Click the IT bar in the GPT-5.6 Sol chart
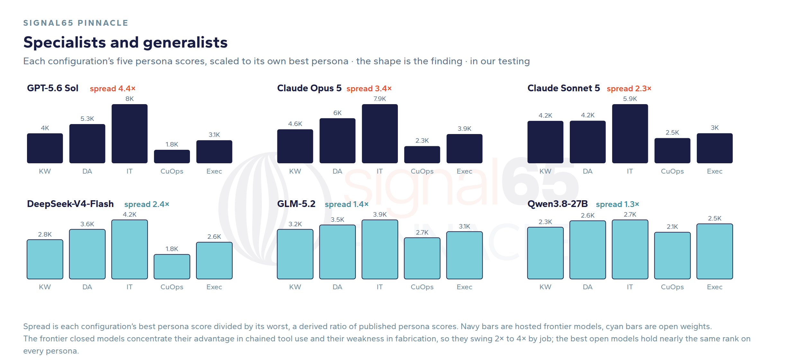[130, 134]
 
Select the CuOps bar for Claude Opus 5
[422, 155]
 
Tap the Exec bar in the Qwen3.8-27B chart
[714, 251]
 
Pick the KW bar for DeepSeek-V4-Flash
[45, 259]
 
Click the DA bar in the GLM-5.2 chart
[337, 252]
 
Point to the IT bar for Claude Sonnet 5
[630, 134]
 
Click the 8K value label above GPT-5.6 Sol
[130, 99]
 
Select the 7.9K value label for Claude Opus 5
[380, 99]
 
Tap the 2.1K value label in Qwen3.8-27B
[672, 227]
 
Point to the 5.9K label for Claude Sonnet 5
[630, 99]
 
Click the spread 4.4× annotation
[112, 89]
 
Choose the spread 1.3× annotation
[617, 204]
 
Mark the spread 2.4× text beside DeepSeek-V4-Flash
[147, 204]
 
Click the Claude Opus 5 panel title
[309, 88]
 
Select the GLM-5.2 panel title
[296, 204]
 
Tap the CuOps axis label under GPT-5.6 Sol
[172, 171]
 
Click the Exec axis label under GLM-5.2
[464, 287]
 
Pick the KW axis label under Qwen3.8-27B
[545, 287]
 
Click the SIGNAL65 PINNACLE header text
[76, 23]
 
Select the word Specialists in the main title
[65, 43]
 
